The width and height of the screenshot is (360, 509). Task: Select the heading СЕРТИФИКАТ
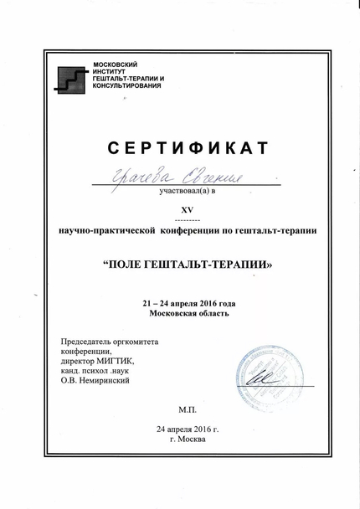click(x=188, y=149)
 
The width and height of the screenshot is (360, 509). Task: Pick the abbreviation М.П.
click(x=186, y=410)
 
